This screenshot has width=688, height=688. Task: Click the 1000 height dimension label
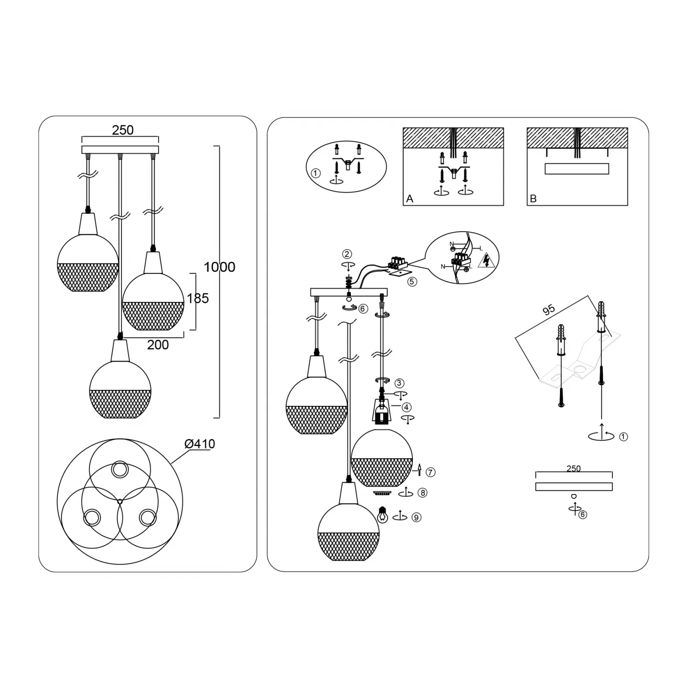tap(219, 267)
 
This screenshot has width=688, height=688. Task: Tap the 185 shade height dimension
tap(198, 298)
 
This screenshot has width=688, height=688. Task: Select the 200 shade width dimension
tap(158, 344)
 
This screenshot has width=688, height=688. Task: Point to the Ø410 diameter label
tap(200, 444)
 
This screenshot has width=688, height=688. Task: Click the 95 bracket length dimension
tap(549, 310)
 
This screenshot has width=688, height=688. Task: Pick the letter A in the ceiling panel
tap(410, 199)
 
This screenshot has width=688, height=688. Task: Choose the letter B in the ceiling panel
tap(533, 199)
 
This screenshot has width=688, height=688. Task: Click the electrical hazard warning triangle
tap(486, 260)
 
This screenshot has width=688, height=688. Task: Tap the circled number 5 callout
tap(412, 282)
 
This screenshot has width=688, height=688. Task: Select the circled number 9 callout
tap(416, 517)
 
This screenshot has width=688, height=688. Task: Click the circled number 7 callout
tap(430, 472)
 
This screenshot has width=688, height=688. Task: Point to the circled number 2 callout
tap(347, 254)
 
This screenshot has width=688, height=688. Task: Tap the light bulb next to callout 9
tap(382, 514)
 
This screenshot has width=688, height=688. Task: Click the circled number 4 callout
tap(406, 407)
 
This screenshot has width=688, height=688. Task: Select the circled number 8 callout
tap(422, 493)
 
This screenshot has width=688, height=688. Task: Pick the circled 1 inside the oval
tap(315, 173)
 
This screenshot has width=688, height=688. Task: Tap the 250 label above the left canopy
tap(123, 130)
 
